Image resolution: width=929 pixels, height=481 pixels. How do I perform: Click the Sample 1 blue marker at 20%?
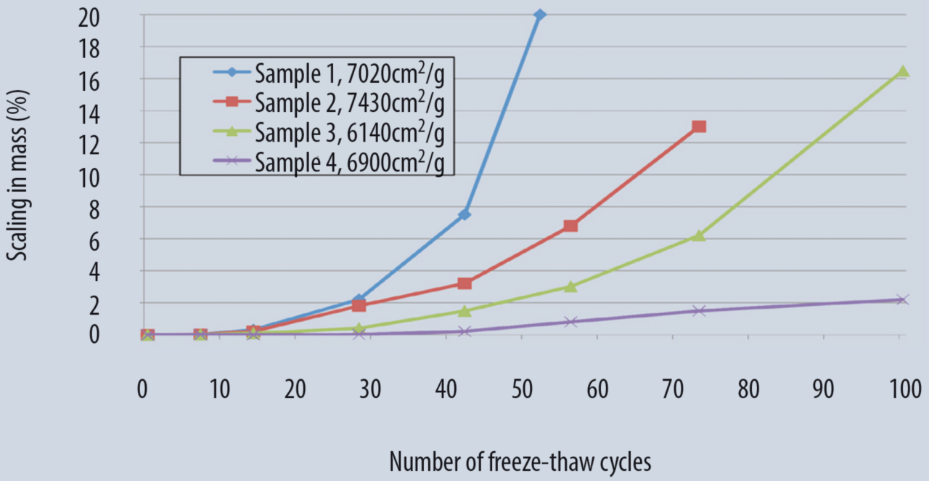[539, 15]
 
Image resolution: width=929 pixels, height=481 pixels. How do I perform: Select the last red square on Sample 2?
[699, 126]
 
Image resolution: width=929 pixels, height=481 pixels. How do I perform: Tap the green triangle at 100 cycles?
[902, 71]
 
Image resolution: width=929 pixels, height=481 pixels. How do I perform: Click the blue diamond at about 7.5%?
[464, 214]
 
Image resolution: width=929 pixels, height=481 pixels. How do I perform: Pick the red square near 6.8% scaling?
[570, 226]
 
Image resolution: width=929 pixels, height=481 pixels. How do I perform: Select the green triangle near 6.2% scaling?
[698, 235]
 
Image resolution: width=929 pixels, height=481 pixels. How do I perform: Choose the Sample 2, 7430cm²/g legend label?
[348, 102]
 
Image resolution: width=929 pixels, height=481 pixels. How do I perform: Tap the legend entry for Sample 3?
[348, 132]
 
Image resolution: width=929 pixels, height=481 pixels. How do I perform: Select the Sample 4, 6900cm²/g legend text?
[348, 161]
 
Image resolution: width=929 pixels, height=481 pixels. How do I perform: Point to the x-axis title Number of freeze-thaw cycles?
[520, 461]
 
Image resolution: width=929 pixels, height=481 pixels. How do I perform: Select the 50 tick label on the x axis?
[523, 390]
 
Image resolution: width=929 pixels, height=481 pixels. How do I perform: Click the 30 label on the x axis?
[370, 390]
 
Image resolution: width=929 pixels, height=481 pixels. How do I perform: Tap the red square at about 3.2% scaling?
[464, 283]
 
